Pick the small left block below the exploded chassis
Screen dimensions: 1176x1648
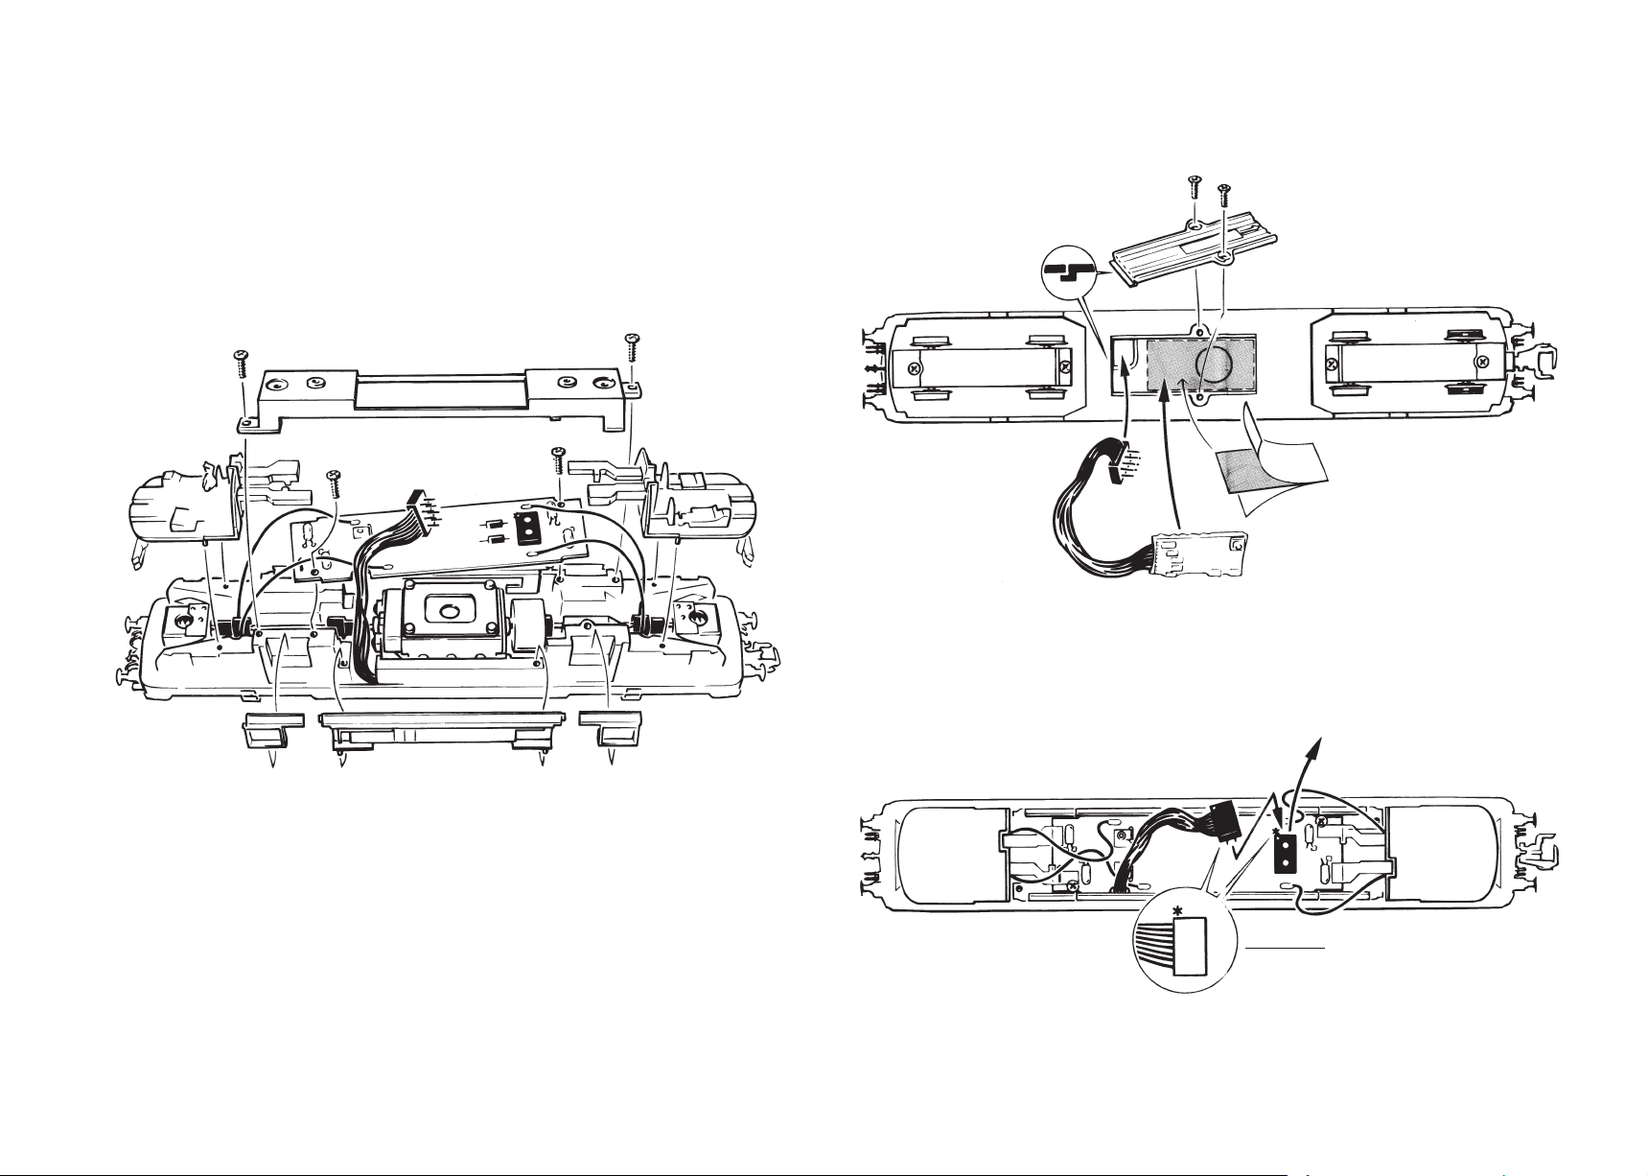click(x=273, y=728)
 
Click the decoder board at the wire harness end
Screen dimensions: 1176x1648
click(x=1203, y=555)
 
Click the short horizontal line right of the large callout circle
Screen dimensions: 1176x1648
click(x=1287, y=948)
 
